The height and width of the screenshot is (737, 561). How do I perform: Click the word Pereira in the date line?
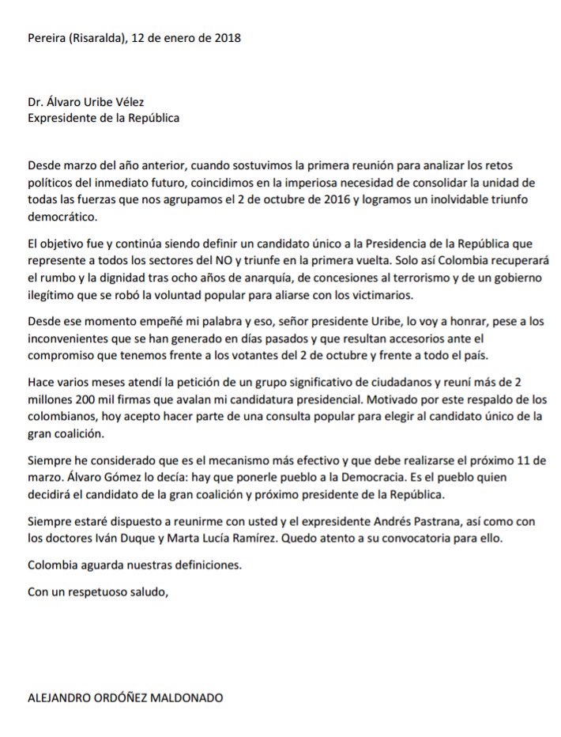(x=46, y=38)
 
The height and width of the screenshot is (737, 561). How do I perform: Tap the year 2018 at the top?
(x=227, y=38)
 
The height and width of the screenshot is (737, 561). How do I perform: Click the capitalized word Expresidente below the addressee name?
(x=62, y=118)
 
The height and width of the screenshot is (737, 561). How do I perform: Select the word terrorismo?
(x=416, y=278)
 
